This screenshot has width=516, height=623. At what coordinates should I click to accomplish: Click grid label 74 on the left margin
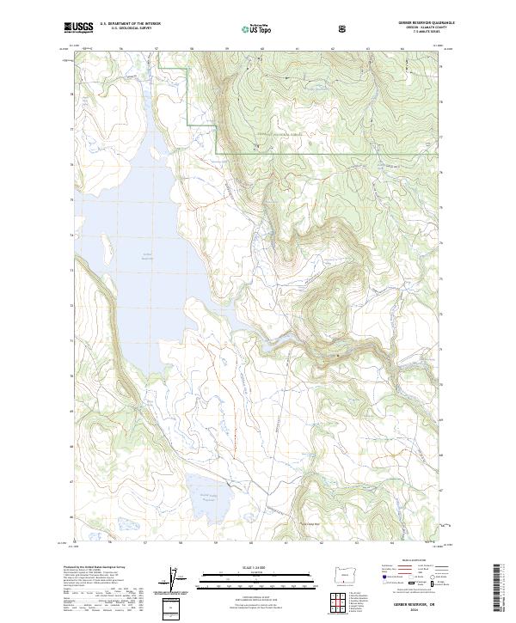pos(71,234)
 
